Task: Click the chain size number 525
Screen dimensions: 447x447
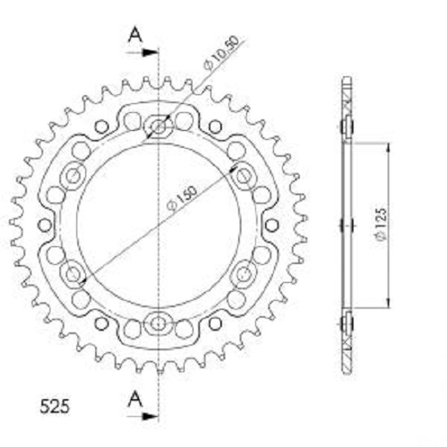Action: pos(54,406)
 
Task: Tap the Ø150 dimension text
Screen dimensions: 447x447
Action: pos(182,198)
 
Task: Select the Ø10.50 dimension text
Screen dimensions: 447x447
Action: pos(221,53)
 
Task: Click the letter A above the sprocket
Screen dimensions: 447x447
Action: pos(135,34)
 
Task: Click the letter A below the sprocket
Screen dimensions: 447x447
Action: pos(135,399)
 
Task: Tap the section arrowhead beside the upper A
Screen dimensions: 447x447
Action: pos(150,53)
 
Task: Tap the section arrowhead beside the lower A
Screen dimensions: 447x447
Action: pos(150,416)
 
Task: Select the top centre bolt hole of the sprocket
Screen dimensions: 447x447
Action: pos(158,126)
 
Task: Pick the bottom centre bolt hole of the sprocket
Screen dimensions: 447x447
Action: pos(158,323)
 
